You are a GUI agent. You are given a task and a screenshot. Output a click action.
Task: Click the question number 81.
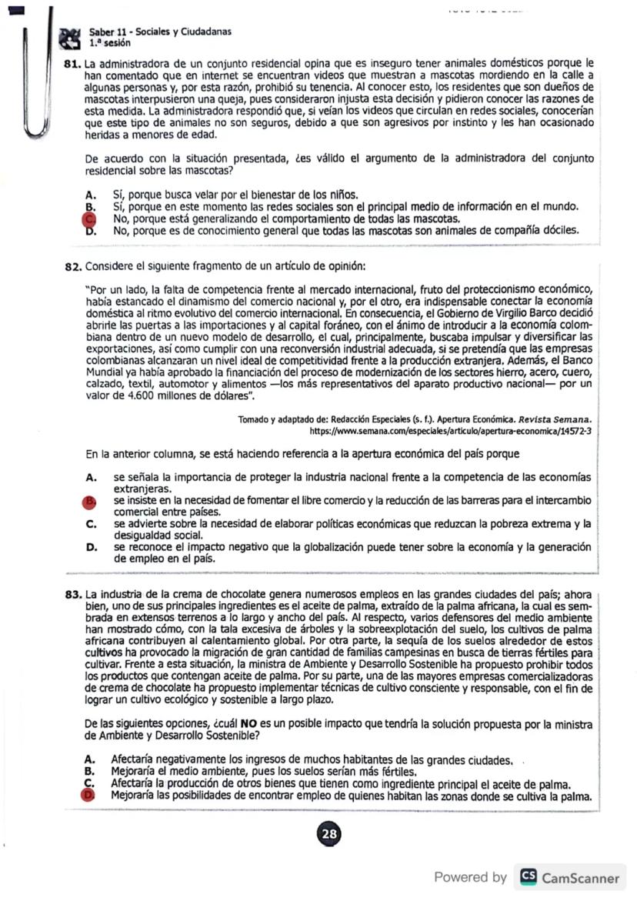[x=73, y=63]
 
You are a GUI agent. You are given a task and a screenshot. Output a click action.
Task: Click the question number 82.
[x=73, y=266]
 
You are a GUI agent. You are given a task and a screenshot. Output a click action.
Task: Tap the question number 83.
[x=74, y=594]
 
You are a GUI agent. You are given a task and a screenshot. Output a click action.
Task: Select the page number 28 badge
[x=329, y=833]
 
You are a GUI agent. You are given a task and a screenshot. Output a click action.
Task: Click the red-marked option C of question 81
[x=89, y=219]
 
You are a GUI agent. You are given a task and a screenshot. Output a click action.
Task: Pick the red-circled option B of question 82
[x=90, y=501]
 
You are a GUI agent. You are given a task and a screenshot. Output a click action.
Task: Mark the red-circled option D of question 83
[x=89, y=796]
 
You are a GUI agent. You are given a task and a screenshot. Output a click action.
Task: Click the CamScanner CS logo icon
[x=529, y=877]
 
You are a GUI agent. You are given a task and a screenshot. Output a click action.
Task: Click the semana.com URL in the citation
[x=449, y=432]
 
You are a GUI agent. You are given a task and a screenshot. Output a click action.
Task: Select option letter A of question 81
[x=90, y=195]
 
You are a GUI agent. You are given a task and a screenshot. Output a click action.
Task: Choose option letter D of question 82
[x=90, y=547]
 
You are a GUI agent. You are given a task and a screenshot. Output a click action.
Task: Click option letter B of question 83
[x=90, y=772]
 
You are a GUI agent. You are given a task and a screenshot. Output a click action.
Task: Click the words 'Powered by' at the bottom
[x=470, y=877]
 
